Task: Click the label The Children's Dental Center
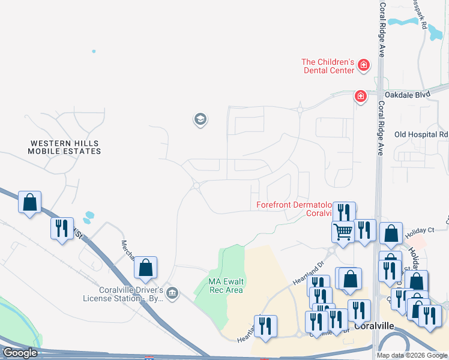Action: click(x=328, y=66)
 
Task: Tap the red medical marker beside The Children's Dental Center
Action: click(x=363, y=64)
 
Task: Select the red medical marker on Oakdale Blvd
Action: click(x=360, y=95)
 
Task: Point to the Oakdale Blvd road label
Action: click(x=408, y=94)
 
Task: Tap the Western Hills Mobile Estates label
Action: click(x=65, y=147)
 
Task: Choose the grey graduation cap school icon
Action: click(x=200, y=119)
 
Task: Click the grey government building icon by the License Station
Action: click(x=172, y=293)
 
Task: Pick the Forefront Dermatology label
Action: click(x=294, y=205)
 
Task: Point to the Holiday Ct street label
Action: click(x=419, y=230)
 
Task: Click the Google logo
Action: click(x=20, y=353)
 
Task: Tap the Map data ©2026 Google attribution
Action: click(x=412, y=355)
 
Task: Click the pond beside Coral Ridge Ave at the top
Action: click(x=403, y=22)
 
